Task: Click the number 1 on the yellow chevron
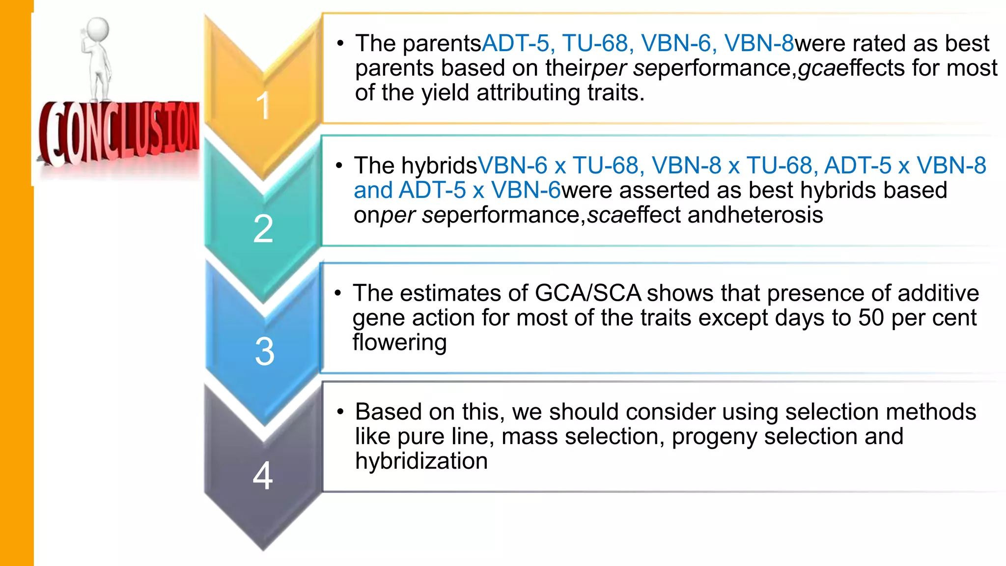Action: (x=263, y=105)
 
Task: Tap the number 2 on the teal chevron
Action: (x=263, y=228)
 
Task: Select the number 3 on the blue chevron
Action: (x=264, y=351)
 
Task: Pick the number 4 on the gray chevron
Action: (x=263, y=475)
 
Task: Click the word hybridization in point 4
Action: (x=421, y=461)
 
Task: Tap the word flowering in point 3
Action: (x=399, y=342)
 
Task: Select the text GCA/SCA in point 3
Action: (x=587, y=293)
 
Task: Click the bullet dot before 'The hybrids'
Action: (x=339, y=166)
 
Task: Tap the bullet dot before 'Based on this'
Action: (x=340, y=412)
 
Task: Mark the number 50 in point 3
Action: (x=871, y=318)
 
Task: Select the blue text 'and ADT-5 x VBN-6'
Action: (x=457, y=191)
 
